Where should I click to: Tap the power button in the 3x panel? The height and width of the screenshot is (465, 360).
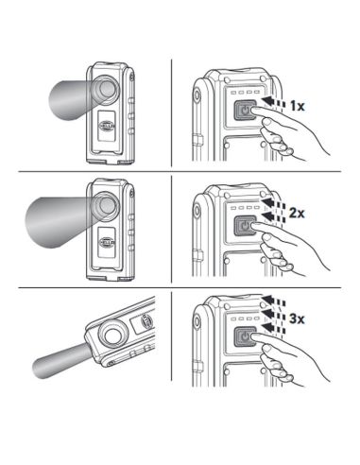pos(244,336)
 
